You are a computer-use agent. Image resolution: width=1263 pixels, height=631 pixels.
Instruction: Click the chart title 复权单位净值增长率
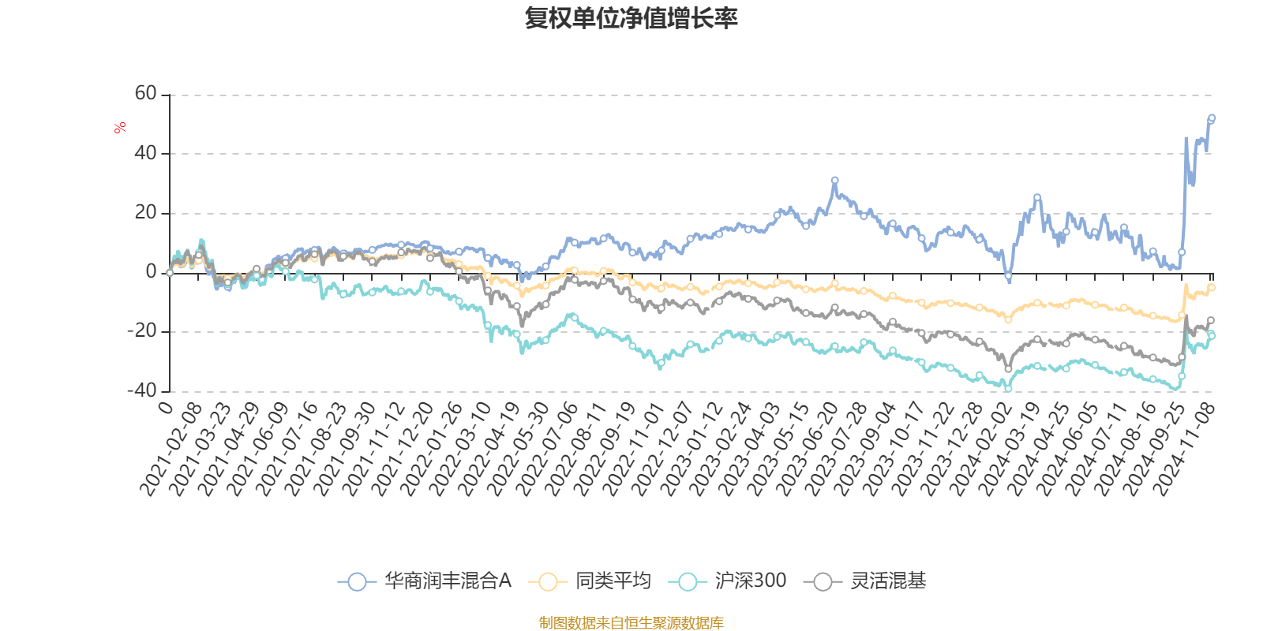click(x=631, y=19)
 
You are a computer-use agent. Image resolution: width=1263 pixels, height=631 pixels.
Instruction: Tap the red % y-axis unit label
click(x=120, y=128)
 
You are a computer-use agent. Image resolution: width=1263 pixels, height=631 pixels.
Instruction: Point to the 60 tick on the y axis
click(x=146, y=94)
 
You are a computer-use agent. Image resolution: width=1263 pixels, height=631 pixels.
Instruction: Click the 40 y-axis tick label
click(x=146, y=153)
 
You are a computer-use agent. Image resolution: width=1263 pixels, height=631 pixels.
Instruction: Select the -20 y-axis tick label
click(x=143, y=331)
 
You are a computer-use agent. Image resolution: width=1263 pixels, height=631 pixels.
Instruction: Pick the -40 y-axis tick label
click(x=143, y=390)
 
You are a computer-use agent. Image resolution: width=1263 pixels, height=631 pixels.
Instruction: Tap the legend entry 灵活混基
click(x=866, y=582)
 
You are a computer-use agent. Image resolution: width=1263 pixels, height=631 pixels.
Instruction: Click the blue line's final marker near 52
click(x=1212, y=118)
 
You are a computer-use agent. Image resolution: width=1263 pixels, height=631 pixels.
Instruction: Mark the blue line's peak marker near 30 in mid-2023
click(x=834, y=181)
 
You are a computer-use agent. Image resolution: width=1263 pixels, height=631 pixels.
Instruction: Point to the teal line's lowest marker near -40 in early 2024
click(x=1008, y=387)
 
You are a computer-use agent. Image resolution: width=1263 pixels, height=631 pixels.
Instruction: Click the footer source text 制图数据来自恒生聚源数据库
click(x=631, y=623)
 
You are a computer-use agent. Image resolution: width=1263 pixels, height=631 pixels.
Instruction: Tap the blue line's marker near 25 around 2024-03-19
click(x=1037, y=197)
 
